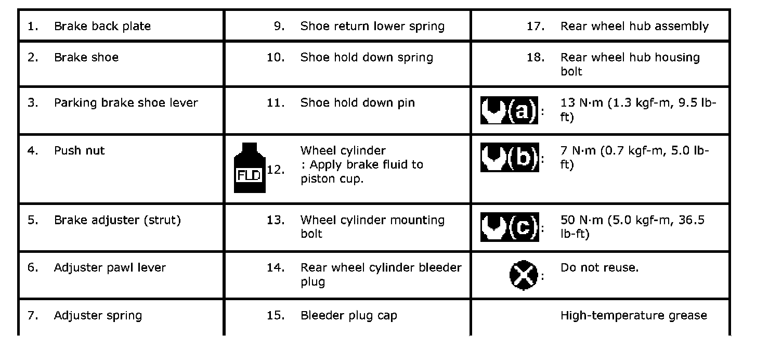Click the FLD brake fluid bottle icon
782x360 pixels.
[x=250, y=168]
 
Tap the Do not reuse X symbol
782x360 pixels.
[x=523, y=275]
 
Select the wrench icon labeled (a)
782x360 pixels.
[x=509, y=110]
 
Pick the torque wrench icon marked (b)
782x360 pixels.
[x=510, y=157]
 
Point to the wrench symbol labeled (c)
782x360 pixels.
[x=510, y=227]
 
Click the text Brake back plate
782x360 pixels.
[x=102, y=26]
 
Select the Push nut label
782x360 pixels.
[x=79, y=150]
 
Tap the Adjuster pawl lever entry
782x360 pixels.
[x=110, y=267]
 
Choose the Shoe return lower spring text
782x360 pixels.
[x=372, y=27]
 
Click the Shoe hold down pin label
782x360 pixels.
[x=358, y=102]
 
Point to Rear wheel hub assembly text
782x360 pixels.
[x=634, y=27]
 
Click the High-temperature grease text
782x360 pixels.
[x=634, y=315]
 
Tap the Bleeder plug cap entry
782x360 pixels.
[x=349, y=315]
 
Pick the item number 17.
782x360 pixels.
[x=535, y=26]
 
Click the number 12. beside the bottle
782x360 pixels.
[x=276, y=170]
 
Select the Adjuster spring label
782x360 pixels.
[x=98, y=315]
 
